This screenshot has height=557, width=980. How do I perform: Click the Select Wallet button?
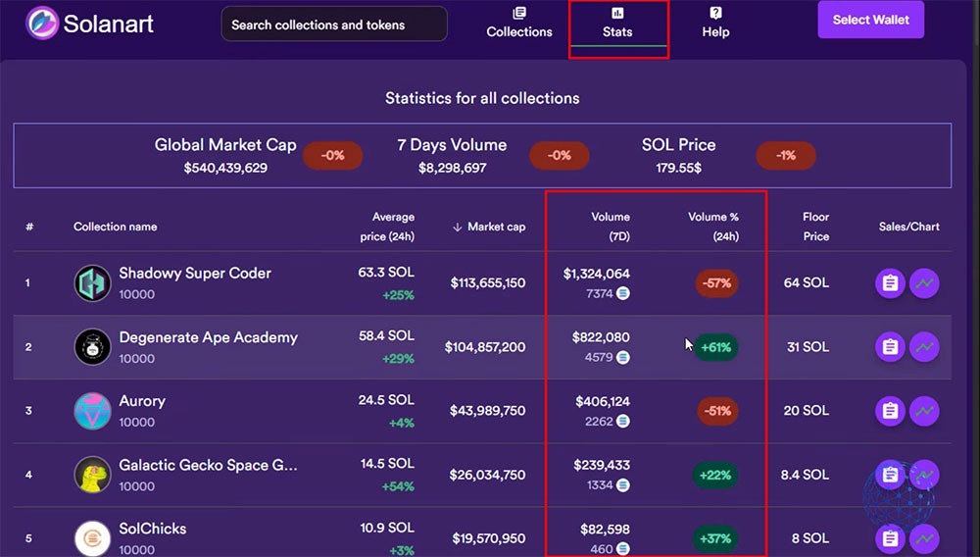click(870, 20)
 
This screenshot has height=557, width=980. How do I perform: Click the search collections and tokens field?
click(333, 25)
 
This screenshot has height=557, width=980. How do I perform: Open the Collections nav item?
click(519, 23)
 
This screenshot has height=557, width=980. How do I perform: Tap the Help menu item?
click(715, 23)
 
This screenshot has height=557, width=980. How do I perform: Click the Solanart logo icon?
click(42, 24)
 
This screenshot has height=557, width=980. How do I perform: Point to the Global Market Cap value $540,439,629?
click(225, 168)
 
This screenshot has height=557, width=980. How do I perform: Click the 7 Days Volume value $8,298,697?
click(452, 168)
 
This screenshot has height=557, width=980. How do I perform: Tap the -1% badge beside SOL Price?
click(785, 156)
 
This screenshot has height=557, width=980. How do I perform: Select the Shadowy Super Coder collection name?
click(195, 274)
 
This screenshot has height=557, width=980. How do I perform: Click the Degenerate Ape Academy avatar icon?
click(93, 347)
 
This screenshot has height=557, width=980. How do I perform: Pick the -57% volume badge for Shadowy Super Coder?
click(716, 283)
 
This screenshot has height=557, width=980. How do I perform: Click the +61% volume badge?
click(716, 347)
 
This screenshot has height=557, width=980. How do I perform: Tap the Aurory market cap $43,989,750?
click(488, 411)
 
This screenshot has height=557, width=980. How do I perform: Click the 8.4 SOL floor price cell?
click(806, 475)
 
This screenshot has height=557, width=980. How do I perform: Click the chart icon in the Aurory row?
click(923, 411)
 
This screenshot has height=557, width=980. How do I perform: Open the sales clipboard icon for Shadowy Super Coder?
click(890, 283)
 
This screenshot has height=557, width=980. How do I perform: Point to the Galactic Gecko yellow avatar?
click(93, 475)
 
